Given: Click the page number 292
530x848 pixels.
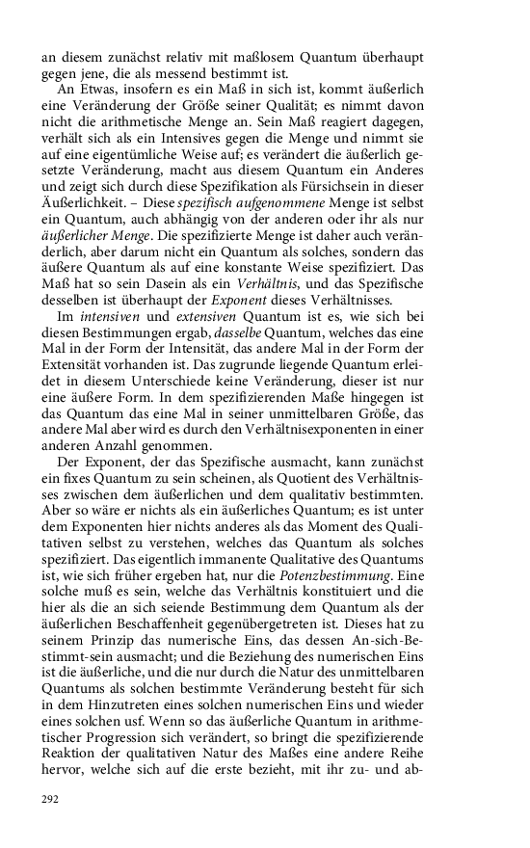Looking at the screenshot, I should pos(50,799).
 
